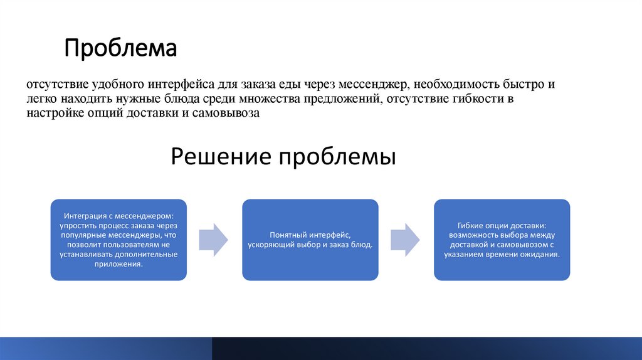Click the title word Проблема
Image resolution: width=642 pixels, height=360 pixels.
pos(120,49)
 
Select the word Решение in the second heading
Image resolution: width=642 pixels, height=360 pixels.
pos(221,156)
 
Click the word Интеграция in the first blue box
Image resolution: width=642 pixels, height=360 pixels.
pos(86,214)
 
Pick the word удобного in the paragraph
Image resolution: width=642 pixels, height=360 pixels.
pos(115,84)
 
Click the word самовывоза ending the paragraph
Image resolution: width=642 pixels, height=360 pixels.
pos(226,114)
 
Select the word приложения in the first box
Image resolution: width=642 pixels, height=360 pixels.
pos(118,264)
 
